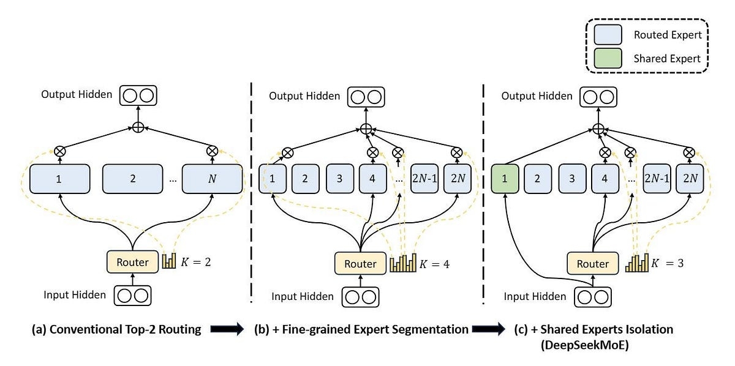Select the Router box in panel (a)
[x=132, y=262]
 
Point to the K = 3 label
[x=668, y=264]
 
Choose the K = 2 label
[x=195, y=263]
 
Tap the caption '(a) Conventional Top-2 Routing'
[x=116, y=329]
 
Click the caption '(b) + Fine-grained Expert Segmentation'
[x=361, y=329]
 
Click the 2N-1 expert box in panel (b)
[x=424, y=179]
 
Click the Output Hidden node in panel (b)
[x=366, y=96]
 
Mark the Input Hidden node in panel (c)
[x=592, y=297]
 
